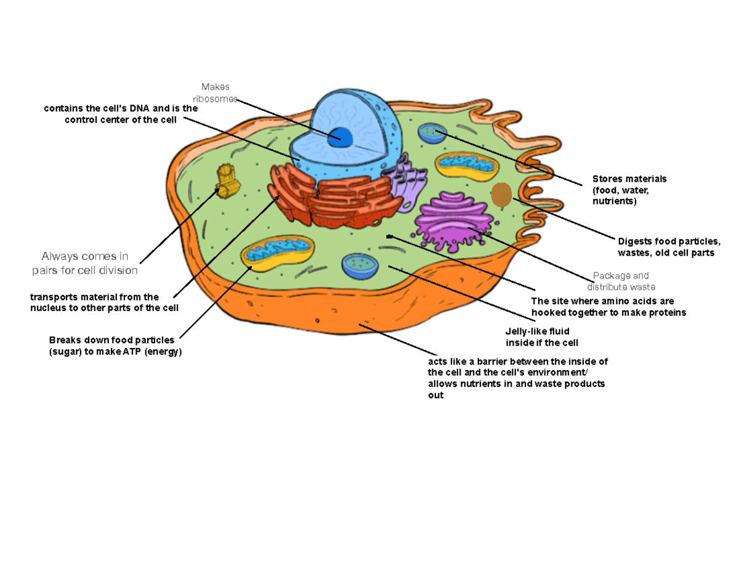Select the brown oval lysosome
click(501, 195)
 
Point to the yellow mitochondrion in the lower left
click(278, 253)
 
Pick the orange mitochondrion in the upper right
click(467, 164)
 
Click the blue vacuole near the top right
click(431, 132)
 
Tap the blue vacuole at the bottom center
click(361, 265)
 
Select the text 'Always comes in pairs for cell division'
click(85, 263)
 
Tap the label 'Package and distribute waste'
click(621, 281)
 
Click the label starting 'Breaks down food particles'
click(116, 346)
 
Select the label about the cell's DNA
click(121, 115)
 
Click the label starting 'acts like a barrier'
click(517, 379)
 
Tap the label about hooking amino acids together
click(608, 307)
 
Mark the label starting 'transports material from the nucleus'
click(105, 302)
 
